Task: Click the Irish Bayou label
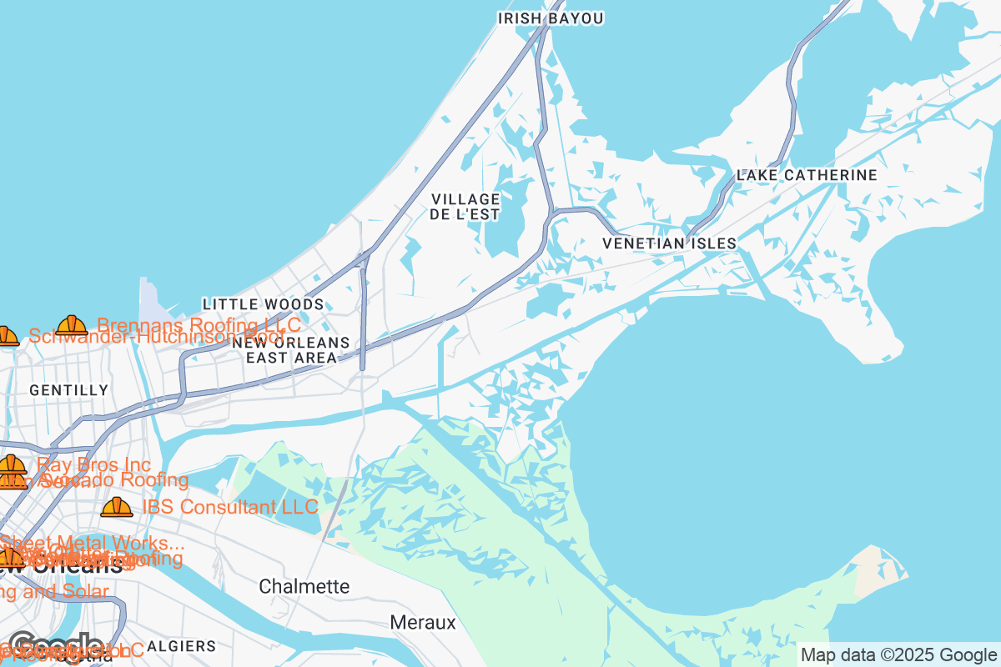point(550,18)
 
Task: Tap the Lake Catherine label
point(807,175)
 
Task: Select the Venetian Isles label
point(670,243)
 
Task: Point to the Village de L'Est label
point(465,207)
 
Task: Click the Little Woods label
point(263,304)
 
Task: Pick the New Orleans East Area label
point(291,350)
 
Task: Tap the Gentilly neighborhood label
point(69,390)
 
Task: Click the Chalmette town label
point(304,586)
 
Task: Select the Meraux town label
point(423,623)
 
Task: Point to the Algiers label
point(181,646)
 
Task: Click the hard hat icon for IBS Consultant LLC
point(116,507)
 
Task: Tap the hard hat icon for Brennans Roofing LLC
point(72,325)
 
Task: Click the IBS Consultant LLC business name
point(230,507)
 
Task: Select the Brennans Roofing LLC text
point(199,324)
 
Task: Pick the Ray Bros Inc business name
point(93,464)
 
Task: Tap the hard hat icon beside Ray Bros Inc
point(12,465)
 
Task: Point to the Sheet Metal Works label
point(92,543)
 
